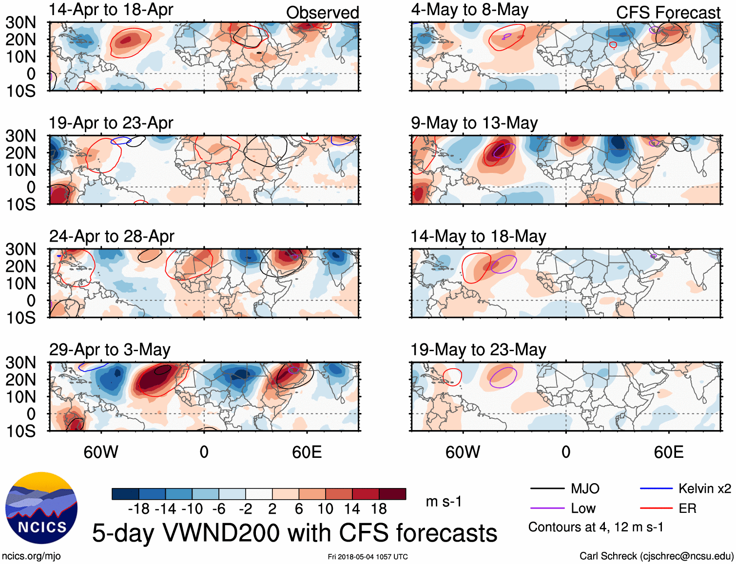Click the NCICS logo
(41, 508)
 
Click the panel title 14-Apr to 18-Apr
(111, 10)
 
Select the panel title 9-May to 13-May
(474, 123)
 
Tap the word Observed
(322, 13)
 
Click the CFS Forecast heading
(668, 13)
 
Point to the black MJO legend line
(547, 489)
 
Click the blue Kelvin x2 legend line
(656, 489)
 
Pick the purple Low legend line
(547, 508)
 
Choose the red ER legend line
(656, 508)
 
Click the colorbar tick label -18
(139, 509)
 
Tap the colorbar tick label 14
(352, 509)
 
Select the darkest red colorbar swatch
(392, 494)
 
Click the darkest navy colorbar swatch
(125, 494)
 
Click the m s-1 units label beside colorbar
(444, 502)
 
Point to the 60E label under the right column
(668, 452)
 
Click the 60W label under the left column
(101, 452)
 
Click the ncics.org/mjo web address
(31, 556)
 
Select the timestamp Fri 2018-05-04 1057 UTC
(368, 557)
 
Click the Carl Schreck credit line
(656, 556)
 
